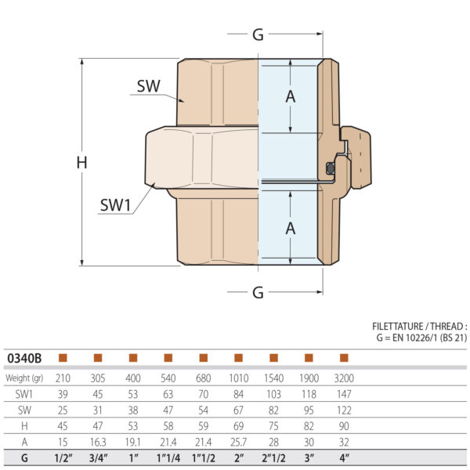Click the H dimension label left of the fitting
click(x=81, y=163)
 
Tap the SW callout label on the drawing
click(x=149, y=86)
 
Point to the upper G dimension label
click(x=258, y=34)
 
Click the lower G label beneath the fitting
click(x=258, y=292)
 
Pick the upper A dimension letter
click(x=291, y=96)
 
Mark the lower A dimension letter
click(x=291, y=228)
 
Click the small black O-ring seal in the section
click(x=331, y=168)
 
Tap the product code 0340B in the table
click(x=24, y=358)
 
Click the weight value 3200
click(x=343, y=378)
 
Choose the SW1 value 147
click(x=343, y=393)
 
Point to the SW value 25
click(x=63, y=408)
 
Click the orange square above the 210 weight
click(x=63, y=358)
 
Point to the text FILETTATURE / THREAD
click(x=419, y=327)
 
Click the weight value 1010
click(x=238, y=378)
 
